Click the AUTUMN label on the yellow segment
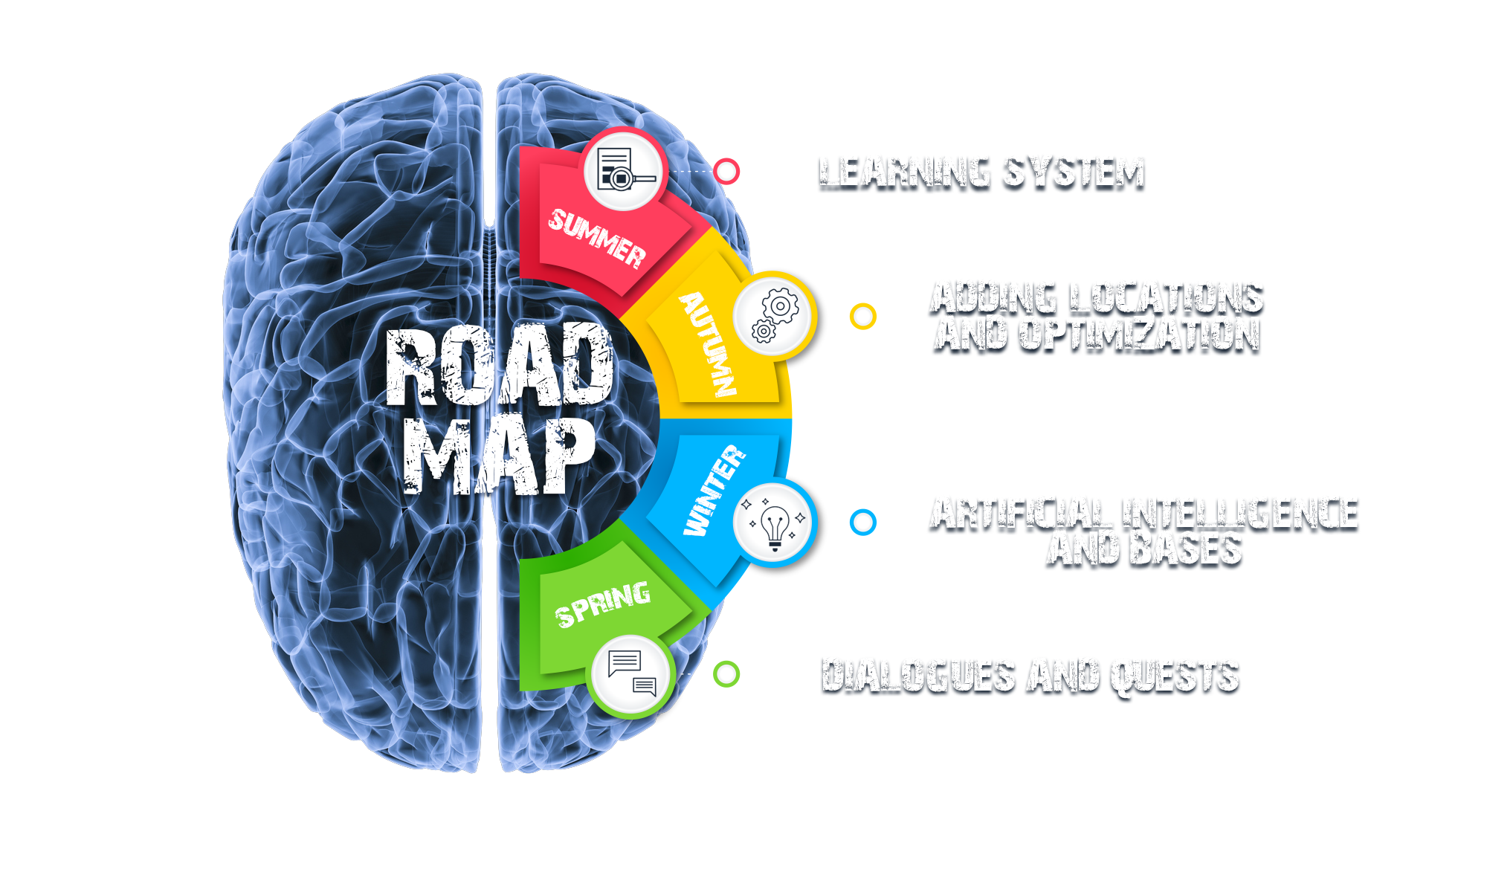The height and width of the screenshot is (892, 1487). (x=709, y=343)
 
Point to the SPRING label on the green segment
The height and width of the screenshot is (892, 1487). (x=603, y=604)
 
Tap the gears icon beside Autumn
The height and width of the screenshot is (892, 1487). (x=774, y=316)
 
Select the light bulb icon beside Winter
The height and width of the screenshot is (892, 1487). (x=774, y=523)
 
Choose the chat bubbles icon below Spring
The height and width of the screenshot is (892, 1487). (x=631, y=674)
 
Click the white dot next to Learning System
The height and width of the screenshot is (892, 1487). (x=726, y=171)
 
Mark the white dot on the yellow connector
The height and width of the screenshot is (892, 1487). (x=862, y=317)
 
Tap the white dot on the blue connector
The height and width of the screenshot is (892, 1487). (x=862, y=523)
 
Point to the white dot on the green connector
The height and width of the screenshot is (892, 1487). (x=726, y=673)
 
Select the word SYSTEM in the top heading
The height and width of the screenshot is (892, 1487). (x=1071, y=171)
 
